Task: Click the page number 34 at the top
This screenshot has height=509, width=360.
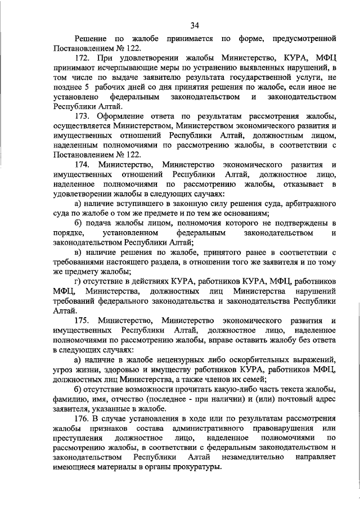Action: [x=195, y=25]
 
